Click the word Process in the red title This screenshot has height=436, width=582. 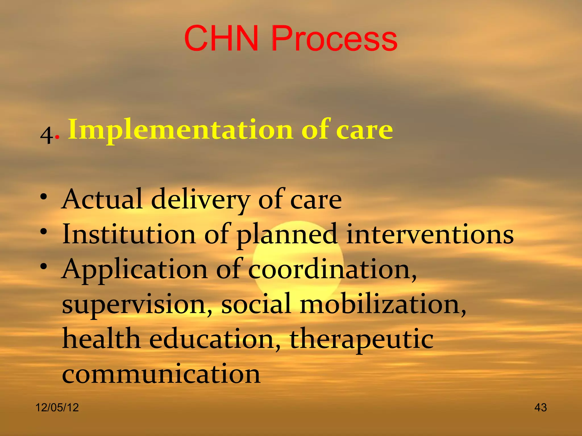point(334,39)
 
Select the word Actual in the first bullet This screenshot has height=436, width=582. point(102,199)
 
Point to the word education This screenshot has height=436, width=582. point(215,339)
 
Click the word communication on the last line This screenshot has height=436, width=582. point(161,374)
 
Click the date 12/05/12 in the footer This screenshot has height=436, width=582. point(57,408)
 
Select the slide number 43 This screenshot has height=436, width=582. point(541,408)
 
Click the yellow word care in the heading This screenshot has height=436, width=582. point(364,130)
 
